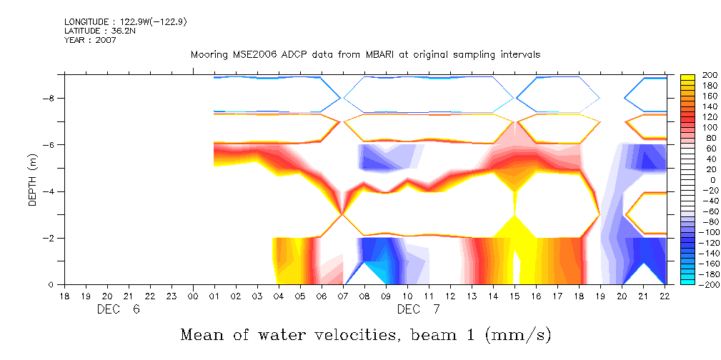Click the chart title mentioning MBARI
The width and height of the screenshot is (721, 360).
pyautogui.click(x=365, y=54)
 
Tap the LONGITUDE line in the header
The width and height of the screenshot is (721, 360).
pyautogui.click(x=126, y=21)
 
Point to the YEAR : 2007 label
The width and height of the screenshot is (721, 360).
pyautogui.click(x=90, y=40)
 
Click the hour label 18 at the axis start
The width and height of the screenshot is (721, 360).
pyautogui.click(x=64, y=296)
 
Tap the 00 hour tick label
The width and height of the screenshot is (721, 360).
pyautogui.click(x=193, y=296)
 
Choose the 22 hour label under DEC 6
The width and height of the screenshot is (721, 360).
pyautogui.click(x=150, y=296)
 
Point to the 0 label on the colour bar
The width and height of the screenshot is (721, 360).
pyautogui.click(x=703, y=180)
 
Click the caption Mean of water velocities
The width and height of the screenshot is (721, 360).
pyautogui.click(x=365, y=334)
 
